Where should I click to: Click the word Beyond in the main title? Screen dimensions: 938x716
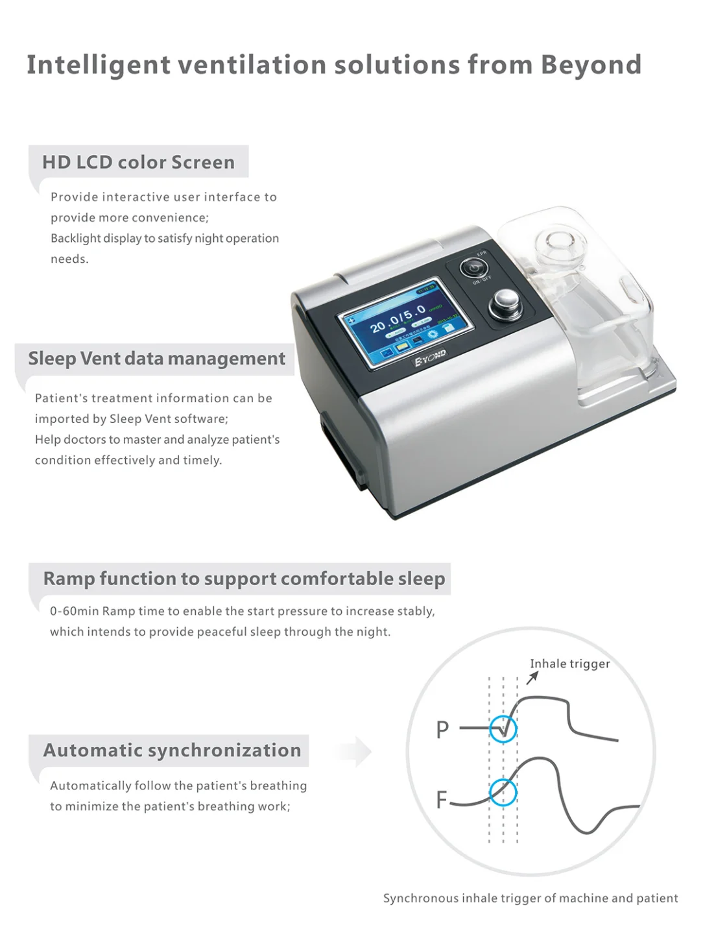(x=591, y=65)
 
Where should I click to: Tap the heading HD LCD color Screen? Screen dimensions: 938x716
(x=138, y=162)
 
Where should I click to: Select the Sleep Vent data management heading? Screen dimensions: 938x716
(x=156, y=359)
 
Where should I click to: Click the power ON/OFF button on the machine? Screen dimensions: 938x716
(x=473, y=268)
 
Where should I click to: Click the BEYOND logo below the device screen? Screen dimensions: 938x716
(x=430, y=357)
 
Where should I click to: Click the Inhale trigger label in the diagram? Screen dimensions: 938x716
(x=569, y=664)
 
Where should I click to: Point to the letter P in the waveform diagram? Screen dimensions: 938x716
(x=442, y=730)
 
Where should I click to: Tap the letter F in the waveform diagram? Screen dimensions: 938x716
(x=442, y=800)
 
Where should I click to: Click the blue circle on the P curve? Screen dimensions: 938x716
(x=503, y=728)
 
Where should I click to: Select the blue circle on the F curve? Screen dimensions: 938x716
(x=503, y=792)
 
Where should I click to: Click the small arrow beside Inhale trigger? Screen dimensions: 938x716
(x=532, y=678)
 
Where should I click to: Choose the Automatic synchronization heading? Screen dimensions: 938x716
(x=172, y=751)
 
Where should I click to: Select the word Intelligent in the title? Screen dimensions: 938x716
(x=99, y=65)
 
